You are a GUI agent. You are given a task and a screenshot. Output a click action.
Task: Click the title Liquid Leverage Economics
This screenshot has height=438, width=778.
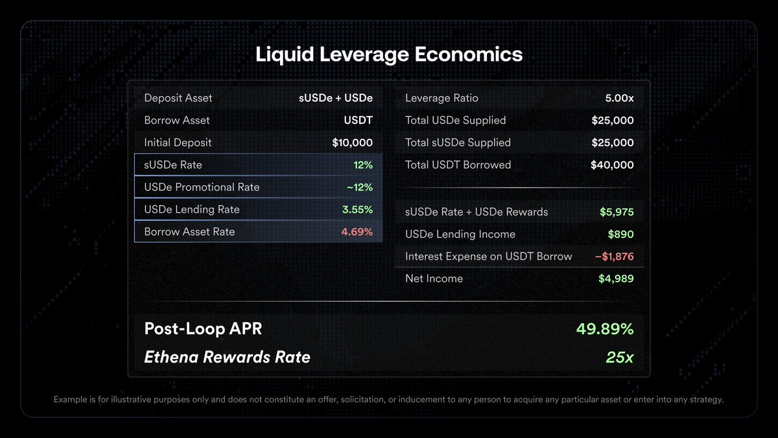(389, 54)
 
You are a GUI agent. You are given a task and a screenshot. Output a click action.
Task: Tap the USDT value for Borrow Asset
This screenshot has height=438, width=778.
(359, 120)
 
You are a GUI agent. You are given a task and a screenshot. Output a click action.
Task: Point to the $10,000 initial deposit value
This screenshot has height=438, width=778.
(352, 143)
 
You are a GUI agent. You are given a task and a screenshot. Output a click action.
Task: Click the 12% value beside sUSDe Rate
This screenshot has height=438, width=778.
(363, 165)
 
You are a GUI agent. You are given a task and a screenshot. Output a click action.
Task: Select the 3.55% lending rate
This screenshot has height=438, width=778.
(357, 210)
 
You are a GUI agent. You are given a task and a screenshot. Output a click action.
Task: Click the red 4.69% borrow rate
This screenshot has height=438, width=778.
(357, 232)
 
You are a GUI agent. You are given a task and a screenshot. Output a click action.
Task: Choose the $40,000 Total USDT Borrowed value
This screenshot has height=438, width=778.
(612, 165)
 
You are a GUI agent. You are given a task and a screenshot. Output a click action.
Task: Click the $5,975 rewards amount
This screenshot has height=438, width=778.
(617, 212)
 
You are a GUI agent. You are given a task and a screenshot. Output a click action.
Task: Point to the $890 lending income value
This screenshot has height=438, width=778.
(620, 234)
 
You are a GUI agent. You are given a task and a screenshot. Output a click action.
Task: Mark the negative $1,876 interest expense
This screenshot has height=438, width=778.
(614, 256)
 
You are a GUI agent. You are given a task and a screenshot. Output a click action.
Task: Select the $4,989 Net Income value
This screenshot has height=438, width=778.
(616, 278)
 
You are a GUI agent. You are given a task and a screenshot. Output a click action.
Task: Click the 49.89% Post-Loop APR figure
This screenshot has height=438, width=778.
(605, 329)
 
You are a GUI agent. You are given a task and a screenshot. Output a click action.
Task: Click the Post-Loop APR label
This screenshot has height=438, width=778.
(203, 329)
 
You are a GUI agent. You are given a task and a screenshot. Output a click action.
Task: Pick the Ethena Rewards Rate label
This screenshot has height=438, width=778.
(227, 357)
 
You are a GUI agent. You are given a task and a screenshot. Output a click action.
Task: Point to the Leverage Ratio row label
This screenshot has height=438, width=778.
(442, 98)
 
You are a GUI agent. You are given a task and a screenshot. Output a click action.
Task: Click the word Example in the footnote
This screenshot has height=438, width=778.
(72, 400)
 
